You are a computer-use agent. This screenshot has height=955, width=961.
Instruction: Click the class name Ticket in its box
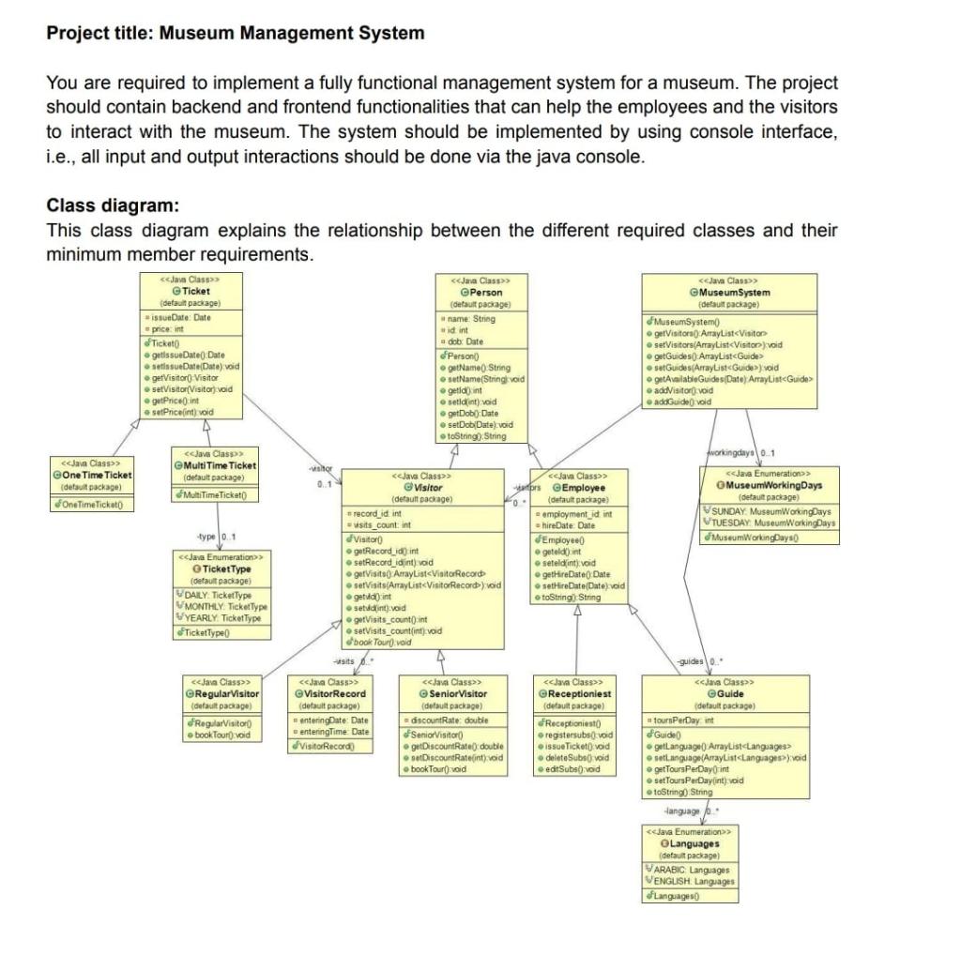(x=196, y=291)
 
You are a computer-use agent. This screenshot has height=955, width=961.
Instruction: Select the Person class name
(x=485, y=293)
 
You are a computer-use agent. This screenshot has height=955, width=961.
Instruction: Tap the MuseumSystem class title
(x=735, y=293)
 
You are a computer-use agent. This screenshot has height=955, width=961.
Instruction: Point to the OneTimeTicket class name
(x=97, y=475)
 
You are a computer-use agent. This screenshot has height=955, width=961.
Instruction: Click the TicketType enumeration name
(x=226, y=569)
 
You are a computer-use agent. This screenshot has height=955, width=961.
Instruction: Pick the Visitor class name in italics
(x=428, y=488)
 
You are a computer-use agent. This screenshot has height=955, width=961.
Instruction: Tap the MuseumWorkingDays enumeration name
(x=773, y=485)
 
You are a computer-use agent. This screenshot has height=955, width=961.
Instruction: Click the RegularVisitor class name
(x=225, y=693)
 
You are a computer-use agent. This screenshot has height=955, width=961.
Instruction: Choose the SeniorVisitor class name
(x=459, y=693)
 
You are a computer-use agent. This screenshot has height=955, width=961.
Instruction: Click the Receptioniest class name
(x=578, y=693)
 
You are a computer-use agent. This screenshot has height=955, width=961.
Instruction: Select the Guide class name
(x=729, y=693)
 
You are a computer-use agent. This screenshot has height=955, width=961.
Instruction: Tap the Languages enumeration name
(x=694, y=843)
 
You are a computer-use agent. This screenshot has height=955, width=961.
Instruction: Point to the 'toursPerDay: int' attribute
(x=684, y=720)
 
